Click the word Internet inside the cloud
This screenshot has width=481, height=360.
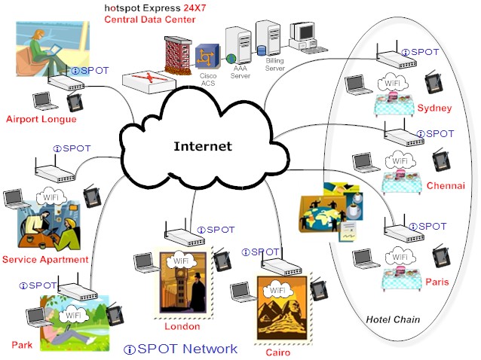click(x=202, y=146)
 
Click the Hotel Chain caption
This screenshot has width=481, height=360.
click(x=392, y=320)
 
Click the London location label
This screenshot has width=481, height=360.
click(x=182, y=326)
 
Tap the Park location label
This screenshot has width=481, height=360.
click(x=21, y=344)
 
